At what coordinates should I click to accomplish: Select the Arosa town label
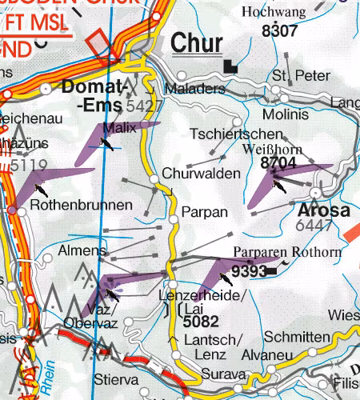[323, 211]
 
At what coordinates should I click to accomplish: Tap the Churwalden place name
[201, 173]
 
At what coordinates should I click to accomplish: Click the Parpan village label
[199, 213]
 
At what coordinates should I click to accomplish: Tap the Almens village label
[82, 251]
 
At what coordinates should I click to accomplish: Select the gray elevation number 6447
[314, 227]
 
